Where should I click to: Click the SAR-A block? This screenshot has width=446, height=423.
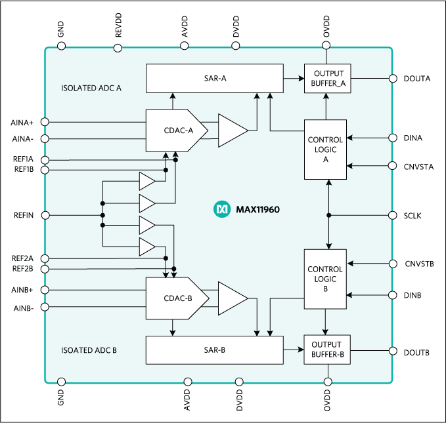214,79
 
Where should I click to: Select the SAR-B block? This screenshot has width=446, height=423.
214,350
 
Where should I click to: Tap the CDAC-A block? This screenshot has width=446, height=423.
175,129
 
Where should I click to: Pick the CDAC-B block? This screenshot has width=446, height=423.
175,298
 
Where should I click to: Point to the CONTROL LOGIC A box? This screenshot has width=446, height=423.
326,149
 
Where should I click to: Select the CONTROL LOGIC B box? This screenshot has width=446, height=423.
326,278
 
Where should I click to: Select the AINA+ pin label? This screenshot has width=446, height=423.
22,122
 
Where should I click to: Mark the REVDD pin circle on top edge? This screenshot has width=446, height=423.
118,47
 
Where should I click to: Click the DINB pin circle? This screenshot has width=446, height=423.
393,295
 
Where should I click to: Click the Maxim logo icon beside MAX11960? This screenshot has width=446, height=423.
220,210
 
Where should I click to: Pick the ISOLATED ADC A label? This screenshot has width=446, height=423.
91,87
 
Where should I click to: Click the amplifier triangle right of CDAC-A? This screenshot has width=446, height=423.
232,130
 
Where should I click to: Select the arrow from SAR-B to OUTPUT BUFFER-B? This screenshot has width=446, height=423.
293,350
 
